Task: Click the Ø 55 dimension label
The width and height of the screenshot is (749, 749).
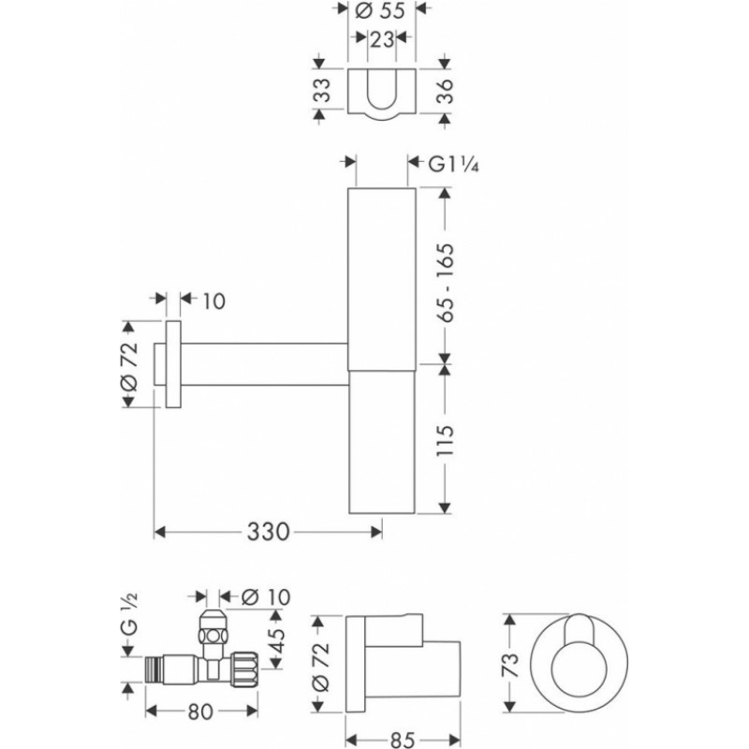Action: (x=381, y=10)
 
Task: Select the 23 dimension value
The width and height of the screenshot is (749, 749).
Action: (x=382, y=39)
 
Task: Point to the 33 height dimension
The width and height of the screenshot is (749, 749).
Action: (x=323, y=89)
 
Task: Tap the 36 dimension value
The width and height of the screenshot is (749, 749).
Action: (x=444, y=90)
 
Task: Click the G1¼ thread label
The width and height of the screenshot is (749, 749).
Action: (x=453, y=165)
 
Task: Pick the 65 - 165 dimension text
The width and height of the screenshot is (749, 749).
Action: (x=444, y=283)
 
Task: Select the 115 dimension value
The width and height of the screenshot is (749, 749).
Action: (x=444, y=440)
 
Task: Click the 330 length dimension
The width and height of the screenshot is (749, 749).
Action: (x=268, y=531)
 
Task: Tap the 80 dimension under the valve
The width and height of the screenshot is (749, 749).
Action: (x=200, y=712)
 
